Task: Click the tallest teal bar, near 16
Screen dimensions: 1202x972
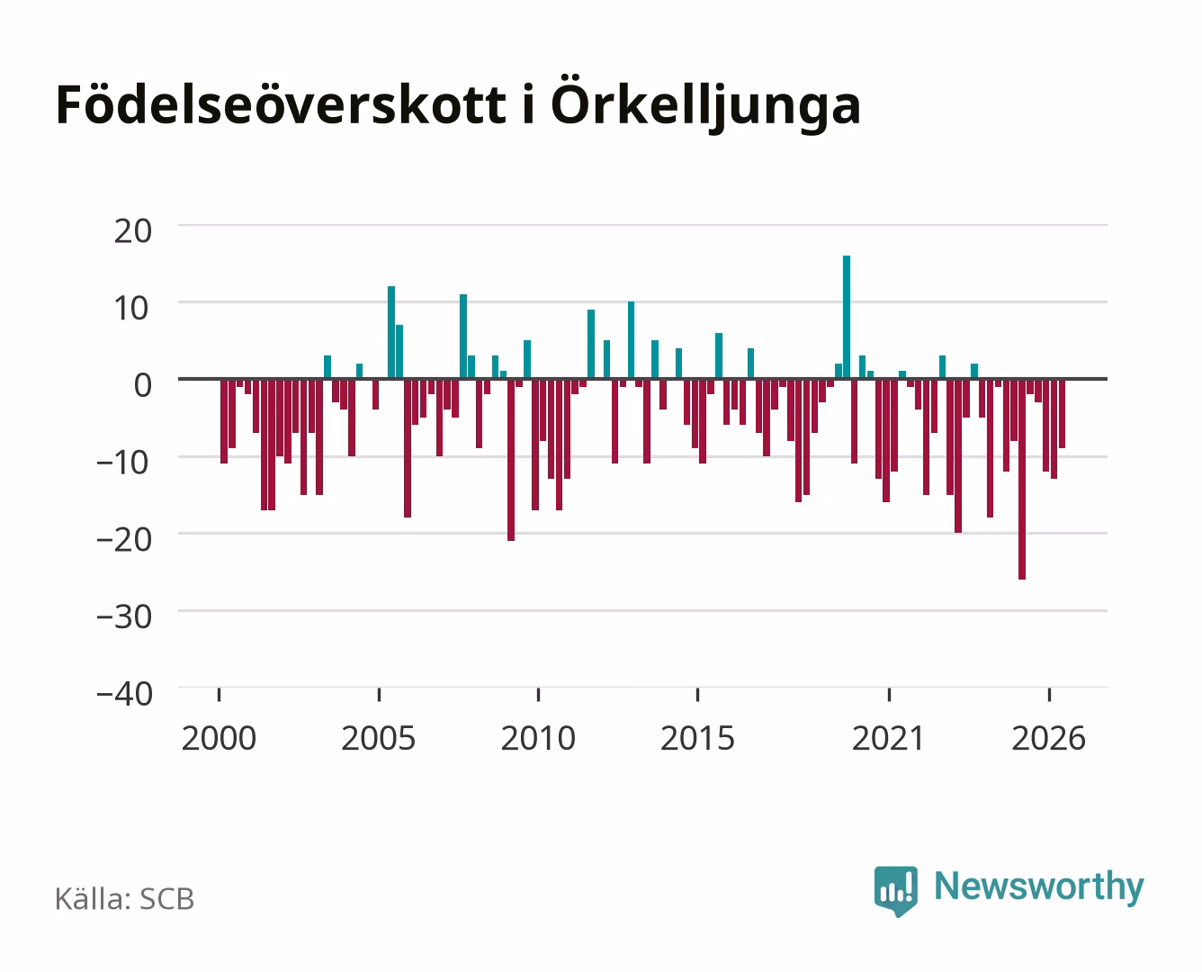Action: pos(847,317)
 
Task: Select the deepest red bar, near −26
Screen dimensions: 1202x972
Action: pos(1022,479)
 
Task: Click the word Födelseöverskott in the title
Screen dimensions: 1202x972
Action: pos(281,104)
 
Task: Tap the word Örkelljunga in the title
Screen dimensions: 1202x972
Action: pos(705,104)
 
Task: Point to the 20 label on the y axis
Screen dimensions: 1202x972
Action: pos(133,231)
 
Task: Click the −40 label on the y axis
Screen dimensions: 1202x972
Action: pos(124,694)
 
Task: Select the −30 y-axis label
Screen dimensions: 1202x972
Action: pos(124,617)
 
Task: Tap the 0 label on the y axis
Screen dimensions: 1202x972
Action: pos(143,385)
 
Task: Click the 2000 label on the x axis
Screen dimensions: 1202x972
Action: pos(219,738)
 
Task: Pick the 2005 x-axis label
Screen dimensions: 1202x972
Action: pos(379,738)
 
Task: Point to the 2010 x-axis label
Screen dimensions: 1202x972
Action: pos(538,738)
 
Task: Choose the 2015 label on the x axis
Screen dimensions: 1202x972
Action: pos(698,738)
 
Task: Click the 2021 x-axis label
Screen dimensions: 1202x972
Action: pos(889,738)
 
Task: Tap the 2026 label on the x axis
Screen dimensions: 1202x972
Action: pos(1049,738)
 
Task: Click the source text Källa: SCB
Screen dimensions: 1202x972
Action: pos(125,899)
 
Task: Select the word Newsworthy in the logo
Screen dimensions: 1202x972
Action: pos(1039,887)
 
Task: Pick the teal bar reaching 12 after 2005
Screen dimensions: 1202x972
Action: pos(391,332)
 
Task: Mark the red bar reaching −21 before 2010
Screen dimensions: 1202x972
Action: pos(511,460)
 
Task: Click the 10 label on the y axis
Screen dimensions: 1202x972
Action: pos(133,309)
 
